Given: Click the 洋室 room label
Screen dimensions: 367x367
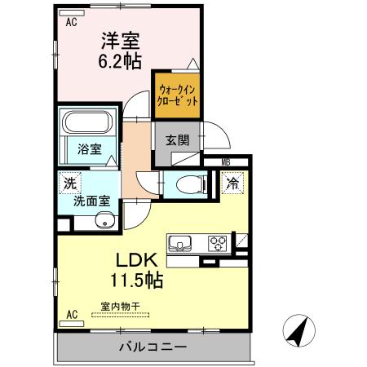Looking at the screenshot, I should (x=119, y=39).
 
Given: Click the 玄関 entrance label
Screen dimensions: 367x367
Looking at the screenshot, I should (x=177, y=139).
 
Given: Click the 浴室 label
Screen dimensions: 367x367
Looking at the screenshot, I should (x=89, y=150).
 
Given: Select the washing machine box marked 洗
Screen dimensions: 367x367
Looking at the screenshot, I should (x=65, y=184).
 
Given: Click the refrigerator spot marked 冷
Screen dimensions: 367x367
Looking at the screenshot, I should (x=232, y=184).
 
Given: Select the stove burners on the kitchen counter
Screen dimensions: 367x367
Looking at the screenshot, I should (x=217, y=242).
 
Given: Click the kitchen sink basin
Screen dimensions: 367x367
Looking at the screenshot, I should (x=180, y=242).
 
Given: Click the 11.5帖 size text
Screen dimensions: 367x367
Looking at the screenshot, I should (x=136, y=281).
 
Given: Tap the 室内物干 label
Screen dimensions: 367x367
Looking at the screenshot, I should (x=120, y=307).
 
